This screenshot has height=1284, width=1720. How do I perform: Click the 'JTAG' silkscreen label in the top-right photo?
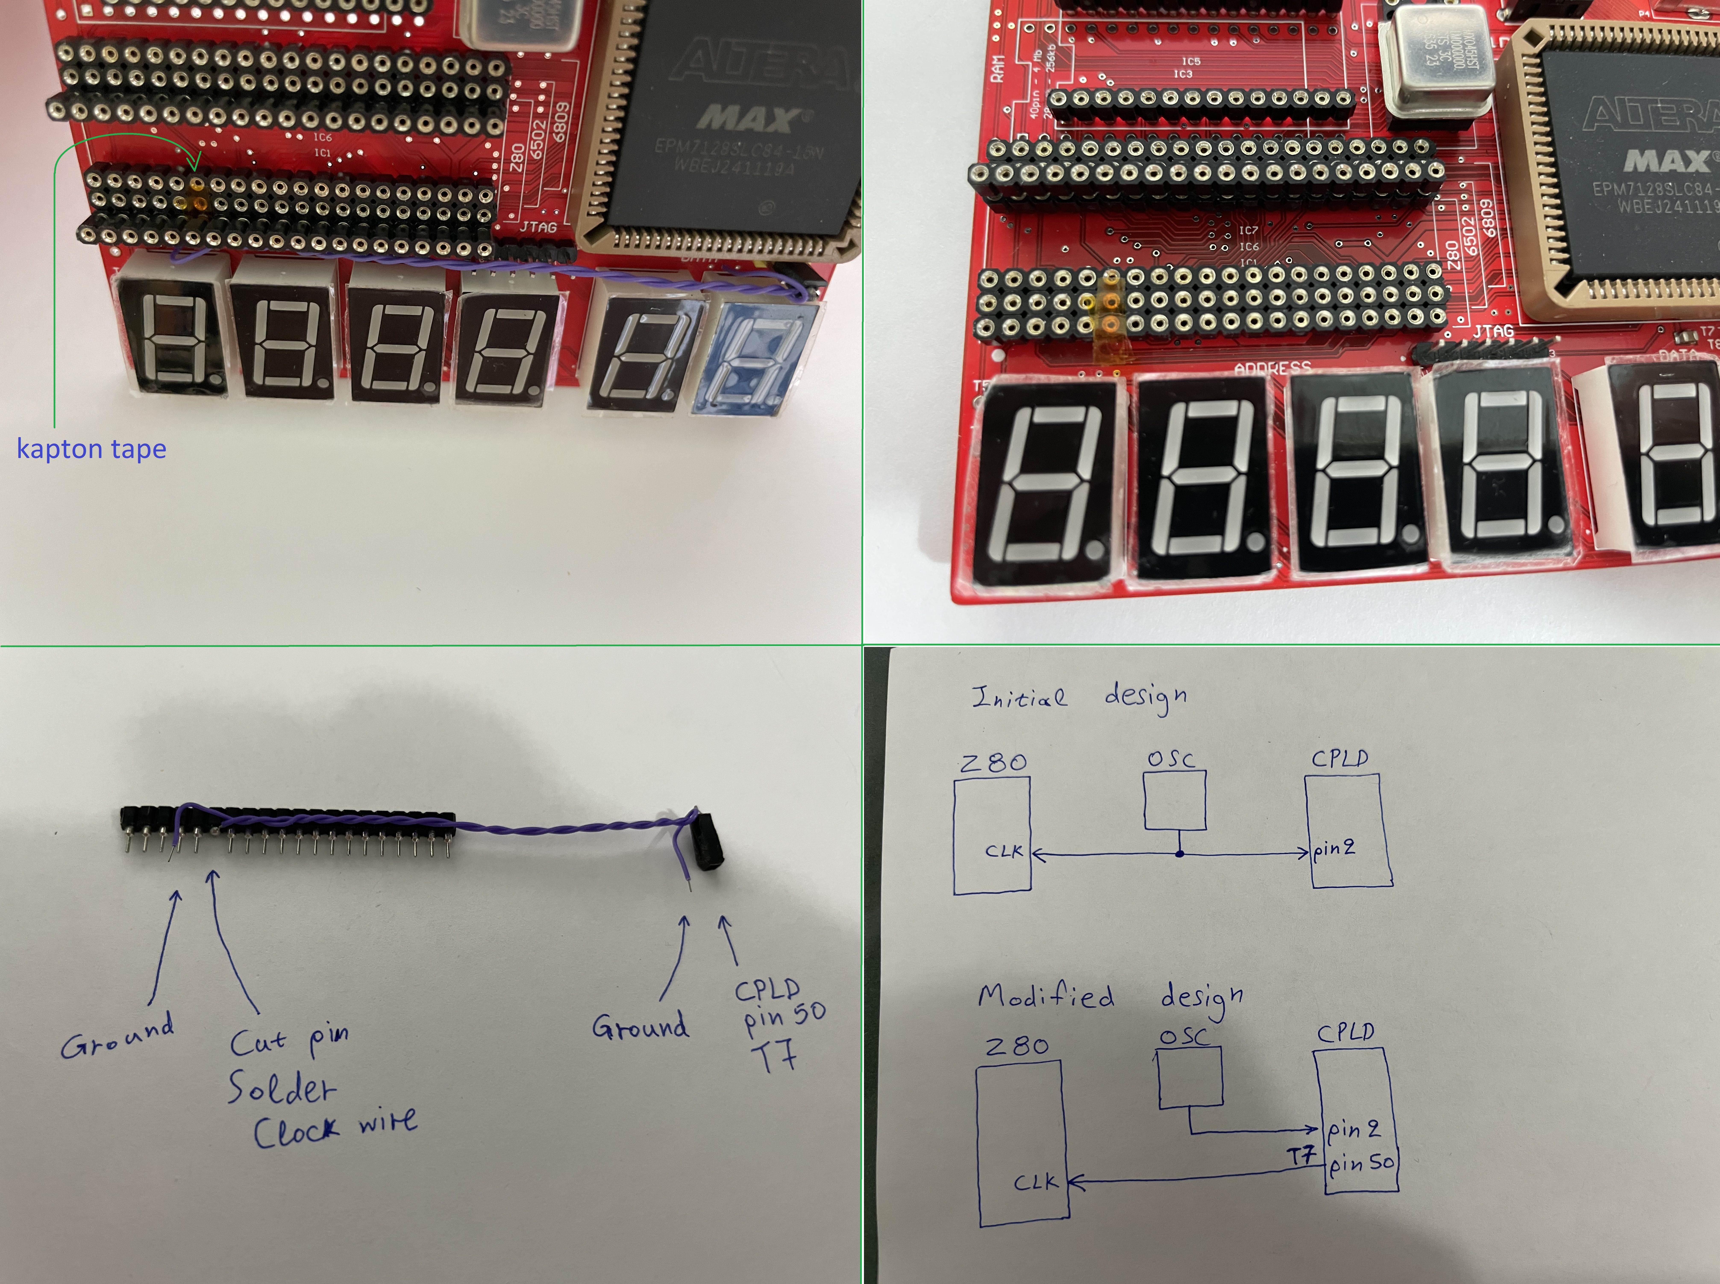coord(1492,333)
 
